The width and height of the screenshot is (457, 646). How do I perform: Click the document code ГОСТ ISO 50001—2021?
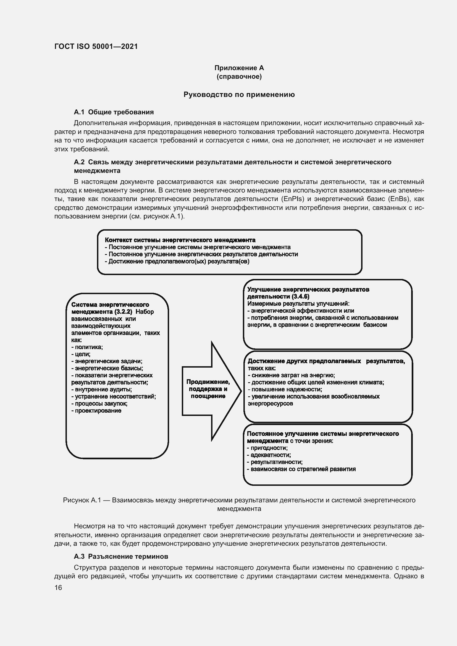[x=96, y=46]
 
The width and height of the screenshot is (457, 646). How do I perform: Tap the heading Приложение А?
[x=239, y=68]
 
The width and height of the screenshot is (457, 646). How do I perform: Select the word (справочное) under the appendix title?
[x=239, y=77]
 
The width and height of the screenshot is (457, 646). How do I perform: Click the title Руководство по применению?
[x=239, y=94]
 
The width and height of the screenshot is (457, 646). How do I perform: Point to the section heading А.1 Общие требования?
[x=114, y=112]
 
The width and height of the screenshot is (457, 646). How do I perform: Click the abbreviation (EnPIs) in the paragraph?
[x=293, y=199]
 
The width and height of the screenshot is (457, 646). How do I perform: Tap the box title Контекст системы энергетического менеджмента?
[x=180, y=240]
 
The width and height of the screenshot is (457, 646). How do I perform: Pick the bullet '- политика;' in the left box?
[x=87, y=347]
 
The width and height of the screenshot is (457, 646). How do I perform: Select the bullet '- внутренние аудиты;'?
[x=102, y=389]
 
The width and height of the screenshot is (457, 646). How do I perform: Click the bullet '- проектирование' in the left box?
[x=96, y=410]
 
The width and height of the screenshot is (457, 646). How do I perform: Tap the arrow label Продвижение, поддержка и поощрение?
[x=208, y=389]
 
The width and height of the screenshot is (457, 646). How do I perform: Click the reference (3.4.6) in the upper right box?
[x=301, y=297]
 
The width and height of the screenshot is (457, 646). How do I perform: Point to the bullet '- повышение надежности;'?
[x=285, y=389]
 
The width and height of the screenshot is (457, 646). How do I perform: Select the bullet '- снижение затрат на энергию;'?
[x=291, y=375]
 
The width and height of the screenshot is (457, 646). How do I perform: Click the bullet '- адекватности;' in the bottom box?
[x=269, y=455]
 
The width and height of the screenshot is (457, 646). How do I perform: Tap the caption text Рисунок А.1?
[x=82, y=500]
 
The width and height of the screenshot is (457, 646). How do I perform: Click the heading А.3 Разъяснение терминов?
[x=121, y=556]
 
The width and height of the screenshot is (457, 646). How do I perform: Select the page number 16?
[x=58, y=587]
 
